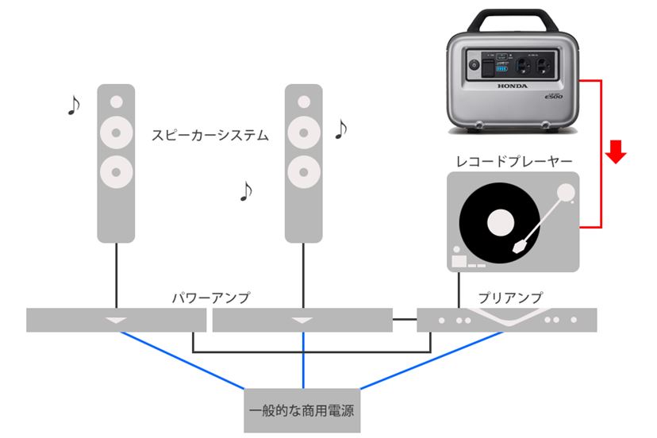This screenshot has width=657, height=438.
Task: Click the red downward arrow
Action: [x=617, y=152]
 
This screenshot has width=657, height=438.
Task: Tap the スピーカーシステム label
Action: [x=210, y=135]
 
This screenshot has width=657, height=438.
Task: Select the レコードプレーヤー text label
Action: [x=514, y=161]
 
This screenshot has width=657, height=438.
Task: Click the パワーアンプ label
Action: [x=211, y=298]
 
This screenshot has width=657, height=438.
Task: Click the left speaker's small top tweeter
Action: [x=117, y=102]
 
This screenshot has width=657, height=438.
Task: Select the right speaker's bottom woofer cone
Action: [x=304, y=168]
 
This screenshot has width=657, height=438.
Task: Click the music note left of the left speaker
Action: [x=74, y=105]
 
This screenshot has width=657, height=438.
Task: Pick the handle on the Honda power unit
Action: [x=509, y=17]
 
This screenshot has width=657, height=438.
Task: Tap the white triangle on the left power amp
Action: [x=117, y=320]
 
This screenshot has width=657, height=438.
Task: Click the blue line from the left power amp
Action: [x=182, y=360]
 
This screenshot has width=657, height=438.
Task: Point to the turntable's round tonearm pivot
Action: [x=565, y=191]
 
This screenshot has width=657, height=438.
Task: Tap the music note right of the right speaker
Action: [x=341, y=129]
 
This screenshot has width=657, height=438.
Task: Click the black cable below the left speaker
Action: [x=117, y=274]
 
